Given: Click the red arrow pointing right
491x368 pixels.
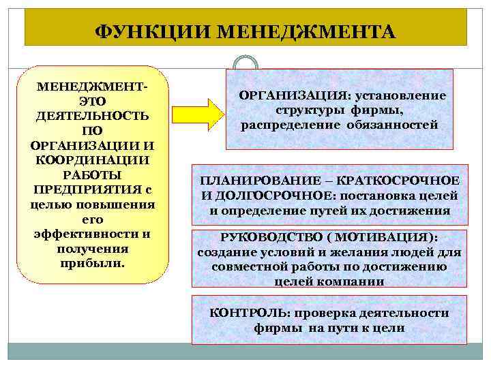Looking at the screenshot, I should [x=198, y=112].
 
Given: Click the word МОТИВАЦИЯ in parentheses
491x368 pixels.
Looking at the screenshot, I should [x=391, y=237].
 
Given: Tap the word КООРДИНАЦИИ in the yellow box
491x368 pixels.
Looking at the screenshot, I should [x=93, y=159].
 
